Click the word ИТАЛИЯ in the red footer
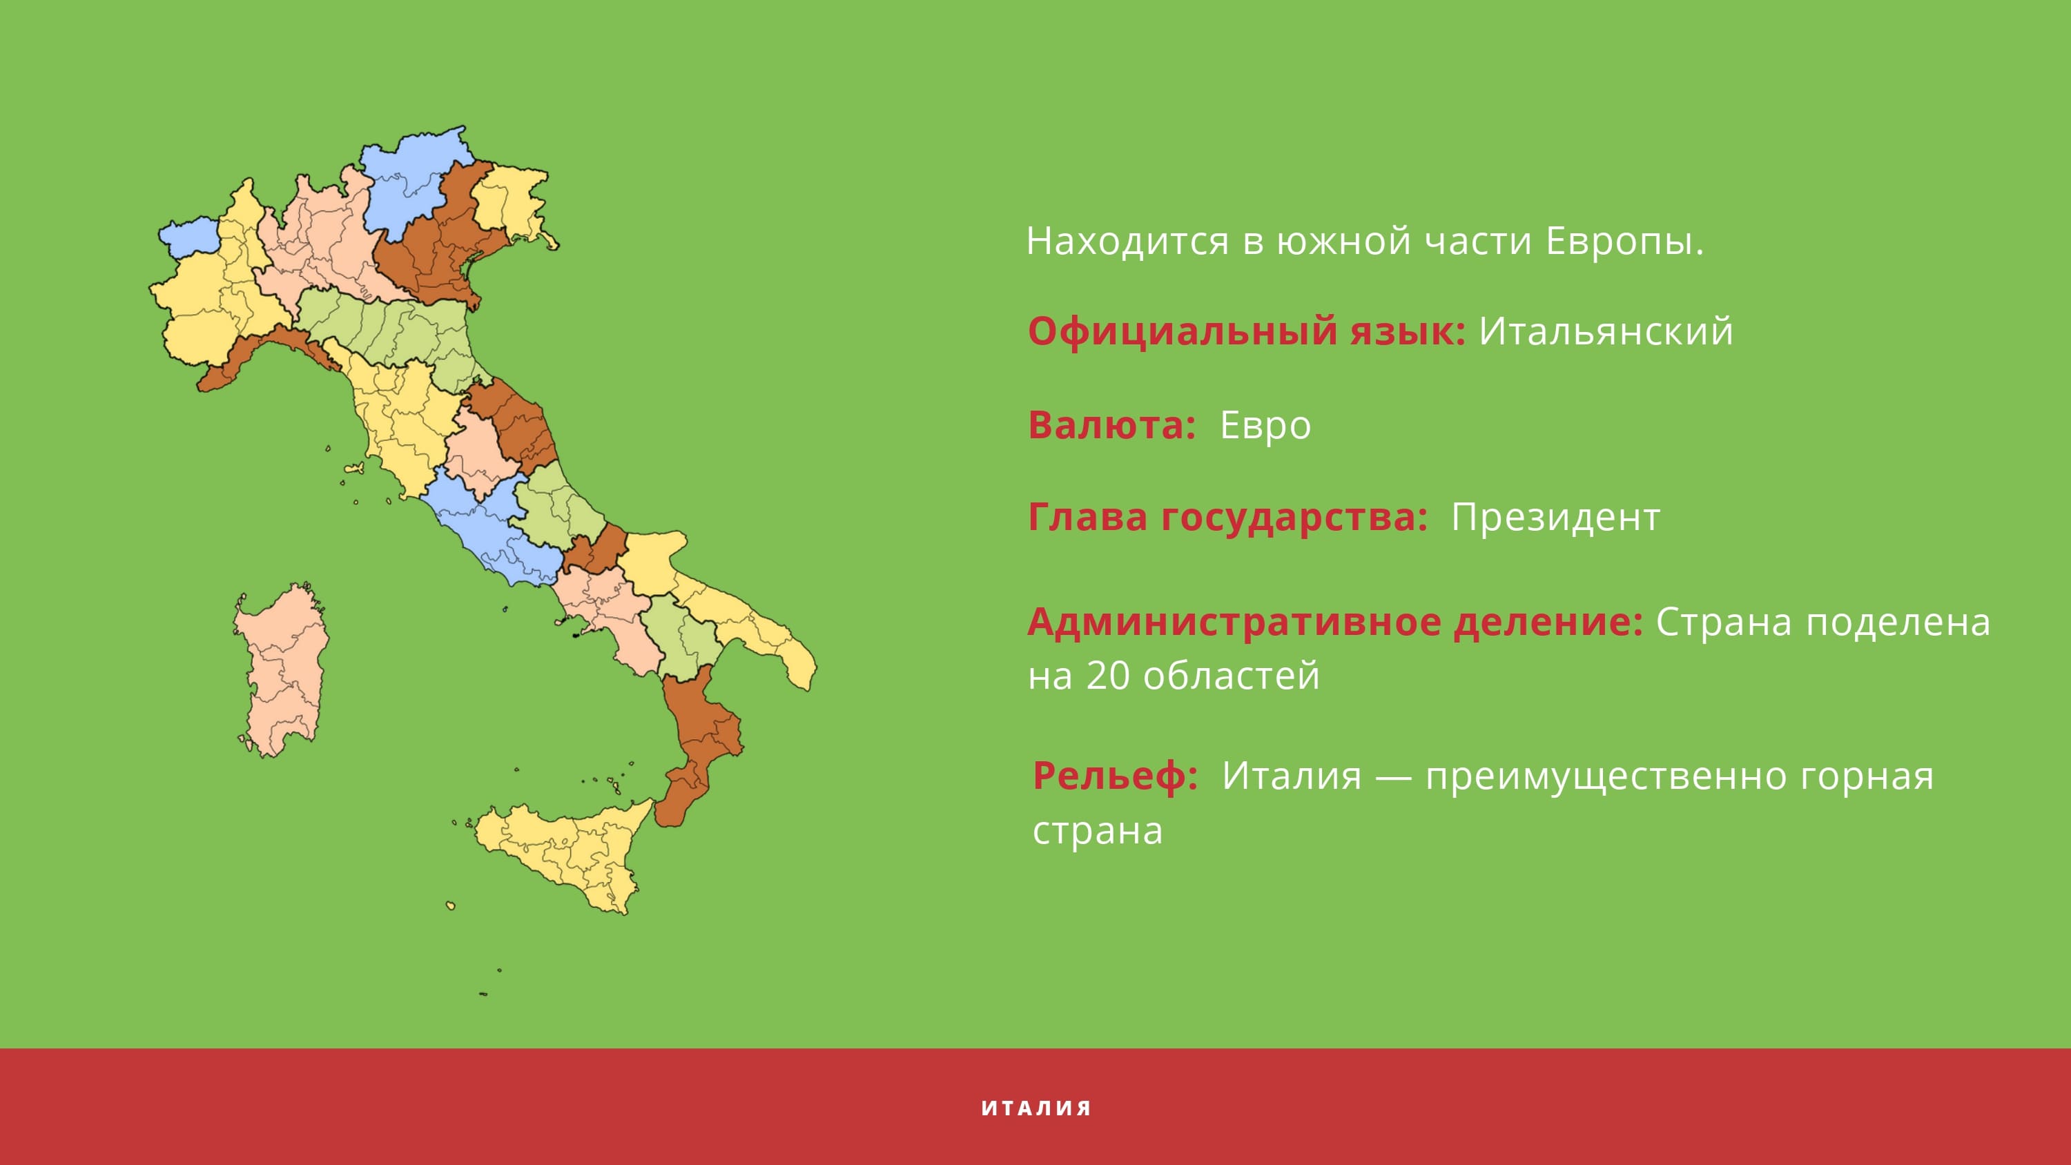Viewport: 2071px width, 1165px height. (1035, 1108)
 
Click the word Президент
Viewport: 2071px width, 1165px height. (1555, 518)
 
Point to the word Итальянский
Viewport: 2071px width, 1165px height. (1606, 332)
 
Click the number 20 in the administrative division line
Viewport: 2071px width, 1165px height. (1108, 676)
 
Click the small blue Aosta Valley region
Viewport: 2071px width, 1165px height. (190, 235)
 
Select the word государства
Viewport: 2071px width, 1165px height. (1294, 518)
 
